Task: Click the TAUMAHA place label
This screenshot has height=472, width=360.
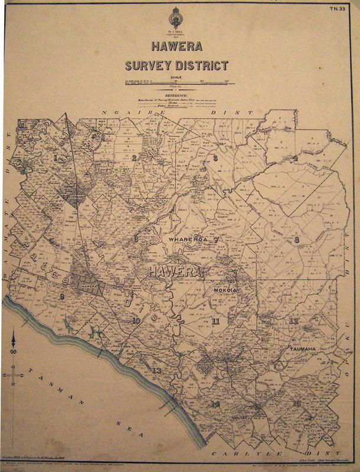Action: click(305, 349)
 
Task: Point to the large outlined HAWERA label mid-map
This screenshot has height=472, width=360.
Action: click(176, 272)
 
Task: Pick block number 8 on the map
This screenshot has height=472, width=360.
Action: click(297, 240)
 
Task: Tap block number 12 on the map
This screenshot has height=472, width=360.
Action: click(294, 320)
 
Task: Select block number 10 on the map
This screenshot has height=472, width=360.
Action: click(136, 320)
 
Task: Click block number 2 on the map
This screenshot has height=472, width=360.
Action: click(134, 158)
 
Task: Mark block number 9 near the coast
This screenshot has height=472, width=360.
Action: click(61, 296)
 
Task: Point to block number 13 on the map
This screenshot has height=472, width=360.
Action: click(156, 371)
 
